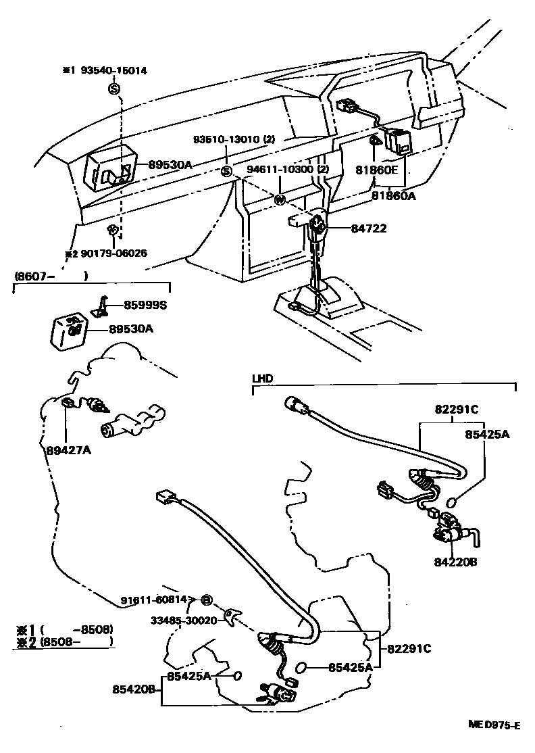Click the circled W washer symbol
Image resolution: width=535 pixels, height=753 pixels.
click(279, 199)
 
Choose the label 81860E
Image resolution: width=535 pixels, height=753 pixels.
click(376, 170)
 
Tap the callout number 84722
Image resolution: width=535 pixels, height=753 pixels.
click(368, 229)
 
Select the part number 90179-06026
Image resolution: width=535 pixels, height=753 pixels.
click(109, 253)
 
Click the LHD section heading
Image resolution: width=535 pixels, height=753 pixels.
click(262, 379)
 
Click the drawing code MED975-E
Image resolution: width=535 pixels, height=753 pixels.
click(494, 725)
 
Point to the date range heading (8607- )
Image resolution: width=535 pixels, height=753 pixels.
click(51, 276)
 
